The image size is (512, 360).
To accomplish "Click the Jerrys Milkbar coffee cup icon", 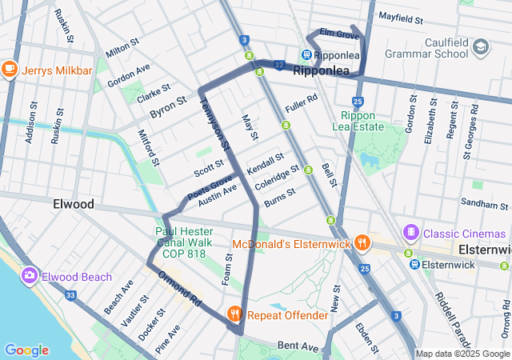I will point(10,70).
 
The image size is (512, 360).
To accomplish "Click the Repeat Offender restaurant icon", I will point(234,314).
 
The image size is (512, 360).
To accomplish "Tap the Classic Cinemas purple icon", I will point(411,232).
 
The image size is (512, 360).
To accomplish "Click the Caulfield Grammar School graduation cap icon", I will point(480,46).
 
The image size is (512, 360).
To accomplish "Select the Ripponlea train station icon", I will point(306,55).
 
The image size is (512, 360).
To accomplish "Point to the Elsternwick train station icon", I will point(414,264).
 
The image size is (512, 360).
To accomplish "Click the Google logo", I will point(26,350).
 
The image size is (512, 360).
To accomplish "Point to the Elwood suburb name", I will point(74,204).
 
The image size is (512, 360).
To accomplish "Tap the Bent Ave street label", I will point(298,346).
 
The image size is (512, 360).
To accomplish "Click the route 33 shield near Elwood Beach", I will point(70,295).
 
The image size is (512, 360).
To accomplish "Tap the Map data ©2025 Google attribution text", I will point(462,354).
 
